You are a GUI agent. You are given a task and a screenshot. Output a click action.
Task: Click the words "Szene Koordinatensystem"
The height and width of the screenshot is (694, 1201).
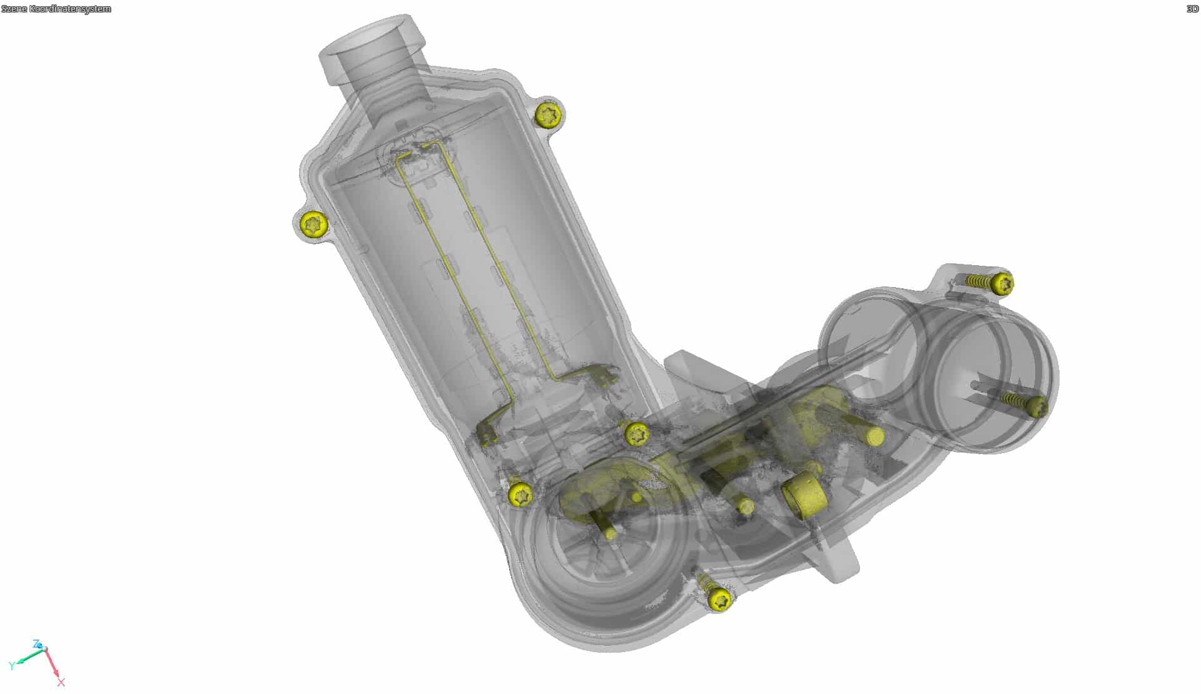point(56,9)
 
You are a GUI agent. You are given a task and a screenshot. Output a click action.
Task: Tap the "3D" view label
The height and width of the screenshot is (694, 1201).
point(1192,9)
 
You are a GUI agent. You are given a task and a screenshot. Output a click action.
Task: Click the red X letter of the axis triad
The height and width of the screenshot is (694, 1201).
point(61,682)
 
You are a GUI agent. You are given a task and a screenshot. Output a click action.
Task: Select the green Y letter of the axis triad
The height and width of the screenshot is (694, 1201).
point(12,666)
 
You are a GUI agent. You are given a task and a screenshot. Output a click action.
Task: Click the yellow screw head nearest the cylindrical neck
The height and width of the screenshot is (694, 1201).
point(548,114)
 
